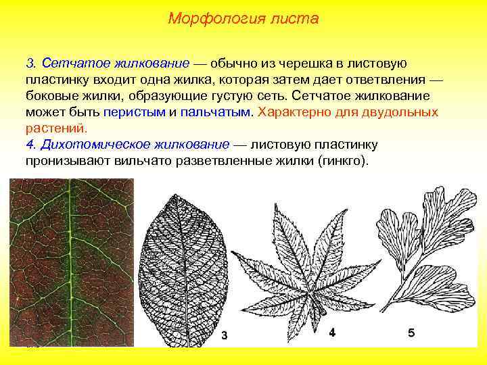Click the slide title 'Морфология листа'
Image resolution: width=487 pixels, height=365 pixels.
[x=243, y=18]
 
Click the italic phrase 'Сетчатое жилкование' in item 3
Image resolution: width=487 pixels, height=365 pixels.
[x=115, y=64]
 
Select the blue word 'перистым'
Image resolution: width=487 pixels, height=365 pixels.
[x=135, y=112]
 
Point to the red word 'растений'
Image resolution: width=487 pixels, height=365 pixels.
[x=57, y=128]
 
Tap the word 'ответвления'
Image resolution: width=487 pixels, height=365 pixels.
[x=392, y=80]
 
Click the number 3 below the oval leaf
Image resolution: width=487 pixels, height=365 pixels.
[x=225, y=336]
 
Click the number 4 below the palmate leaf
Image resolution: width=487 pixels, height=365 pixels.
[x=332, y=333]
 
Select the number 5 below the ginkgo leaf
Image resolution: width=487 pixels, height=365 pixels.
[x=411, y=333]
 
